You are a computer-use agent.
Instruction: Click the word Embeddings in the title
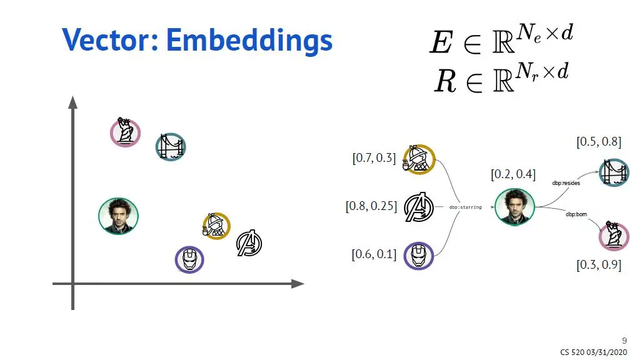tap(249, 41)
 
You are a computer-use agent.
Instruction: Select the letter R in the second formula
tap(445, 82)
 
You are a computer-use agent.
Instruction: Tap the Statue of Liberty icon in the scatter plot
tap(125, 132)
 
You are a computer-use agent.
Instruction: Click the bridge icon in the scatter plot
tap(171, 147)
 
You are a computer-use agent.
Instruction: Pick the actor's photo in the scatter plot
tap(118, 216)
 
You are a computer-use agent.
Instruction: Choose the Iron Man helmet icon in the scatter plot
tap(189, 259)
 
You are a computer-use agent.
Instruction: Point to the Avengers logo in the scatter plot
tap(249, 243)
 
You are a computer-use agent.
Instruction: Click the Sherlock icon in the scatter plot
tap(216, 226)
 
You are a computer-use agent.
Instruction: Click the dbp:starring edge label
tap(465, 207)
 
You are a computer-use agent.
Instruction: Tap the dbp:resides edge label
tap(566, 184)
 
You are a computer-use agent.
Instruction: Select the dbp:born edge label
tap(576, 214)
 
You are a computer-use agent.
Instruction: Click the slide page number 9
tap(623, 341)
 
